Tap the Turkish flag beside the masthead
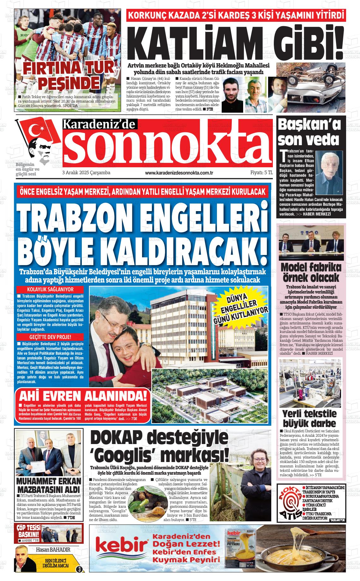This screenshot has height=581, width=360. (x=39, y=132)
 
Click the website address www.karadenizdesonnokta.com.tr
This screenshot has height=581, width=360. (x=179, y=173)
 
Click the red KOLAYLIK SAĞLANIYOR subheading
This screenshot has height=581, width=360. (x=51, y=289)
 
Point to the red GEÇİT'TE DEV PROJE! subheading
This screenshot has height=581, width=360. (x=51, y=337)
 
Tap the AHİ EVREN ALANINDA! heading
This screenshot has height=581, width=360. (x=83, y=396)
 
